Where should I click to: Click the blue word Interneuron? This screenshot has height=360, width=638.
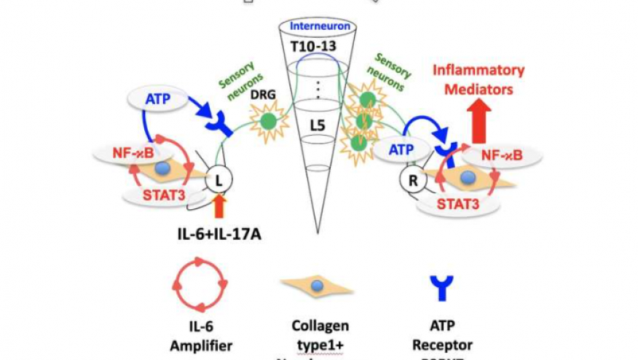(x=320, y=27)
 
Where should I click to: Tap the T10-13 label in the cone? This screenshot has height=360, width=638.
(x=318, y=47)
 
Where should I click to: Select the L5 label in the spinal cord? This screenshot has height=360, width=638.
(x=318, y=125)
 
